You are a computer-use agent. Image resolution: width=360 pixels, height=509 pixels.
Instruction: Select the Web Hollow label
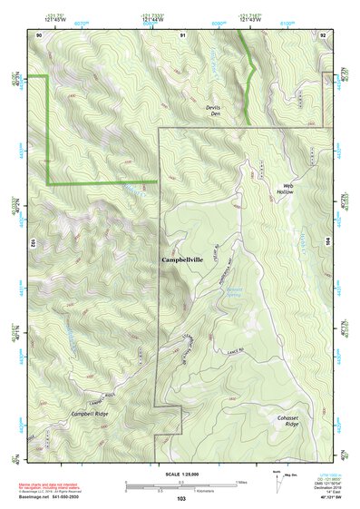point(286,190)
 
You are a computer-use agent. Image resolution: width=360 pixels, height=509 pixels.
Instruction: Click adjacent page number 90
point(39,34)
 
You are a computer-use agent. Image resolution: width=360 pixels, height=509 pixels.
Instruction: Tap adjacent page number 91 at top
point(182,34)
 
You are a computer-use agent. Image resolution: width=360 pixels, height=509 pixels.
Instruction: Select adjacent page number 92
point(324,34)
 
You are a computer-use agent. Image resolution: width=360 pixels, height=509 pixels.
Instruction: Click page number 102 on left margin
point(32,244)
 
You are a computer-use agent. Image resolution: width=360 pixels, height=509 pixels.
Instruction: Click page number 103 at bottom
point(181,498)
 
